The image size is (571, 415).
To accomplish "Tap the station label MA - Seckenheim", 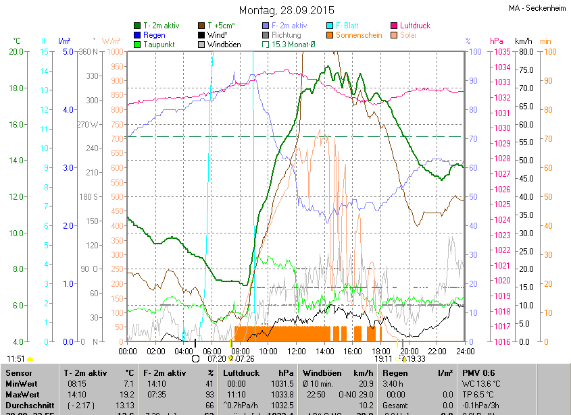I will [x=538, y=9].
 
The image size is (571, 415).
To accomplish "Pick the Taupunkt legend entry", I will [x=159, y=45].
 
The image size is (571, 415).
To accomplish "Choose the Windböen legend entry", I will [x=224, y=45].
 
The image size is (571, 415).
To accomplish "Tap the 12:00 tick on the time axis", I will [x=296, y=352].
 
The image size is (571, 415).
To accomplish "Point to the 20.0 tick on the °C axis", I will [x=16, y=52].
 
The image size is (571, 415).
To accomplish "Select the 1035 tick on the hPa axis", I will [x=501, y=52].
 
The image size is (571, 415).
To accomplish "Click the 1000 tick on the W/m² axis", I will [x=114, y=52].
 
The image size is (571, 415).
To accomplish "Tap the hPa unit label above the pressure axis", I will [x=497, y=41].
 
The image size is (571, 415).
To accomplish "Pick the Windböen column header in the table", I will [x=326, y=372].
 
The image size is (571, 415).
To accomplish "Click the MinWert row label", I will [x=22, y=383].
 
